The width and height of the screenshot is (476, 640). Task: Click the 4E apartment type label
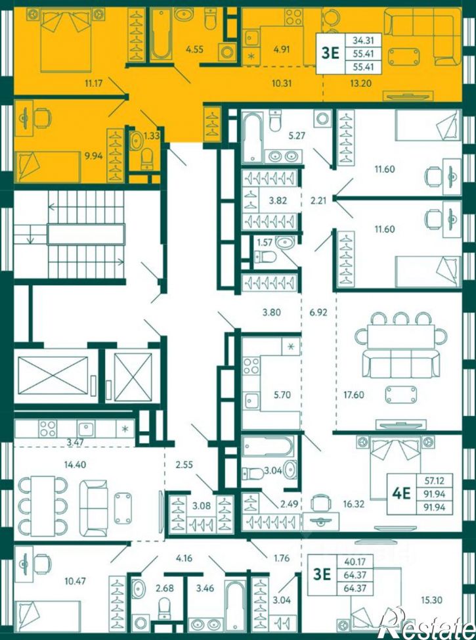click(x=401, y=493)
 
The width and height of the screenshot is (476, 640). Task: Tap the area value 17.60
click(x=354, y=395)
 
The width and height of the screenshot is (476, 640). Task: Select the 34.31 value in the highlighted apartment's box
click(x=362, y=39)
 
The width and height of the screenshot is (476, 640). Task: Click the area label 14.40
click(x=75, y=464)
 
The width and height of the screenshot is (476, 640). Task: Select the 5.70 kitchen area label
click(x=282, y=395)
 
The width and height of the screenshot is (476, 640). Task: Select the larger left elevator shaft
click(x=53, y=375)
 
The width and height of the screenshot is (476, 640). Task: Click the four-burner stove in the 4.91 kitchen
click(x=294, y=18)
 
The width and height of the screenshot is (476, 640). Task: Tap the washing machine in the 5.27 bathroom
click(x=322, y=119)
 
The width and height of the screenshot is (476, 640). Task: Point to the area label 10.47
click(x=76, y=580)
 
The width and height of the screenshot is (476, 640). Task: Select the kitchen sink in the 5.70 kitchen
click(x=251, y=400)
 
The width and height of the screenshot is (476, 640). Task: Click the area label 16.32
click(x=354, y=503)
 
